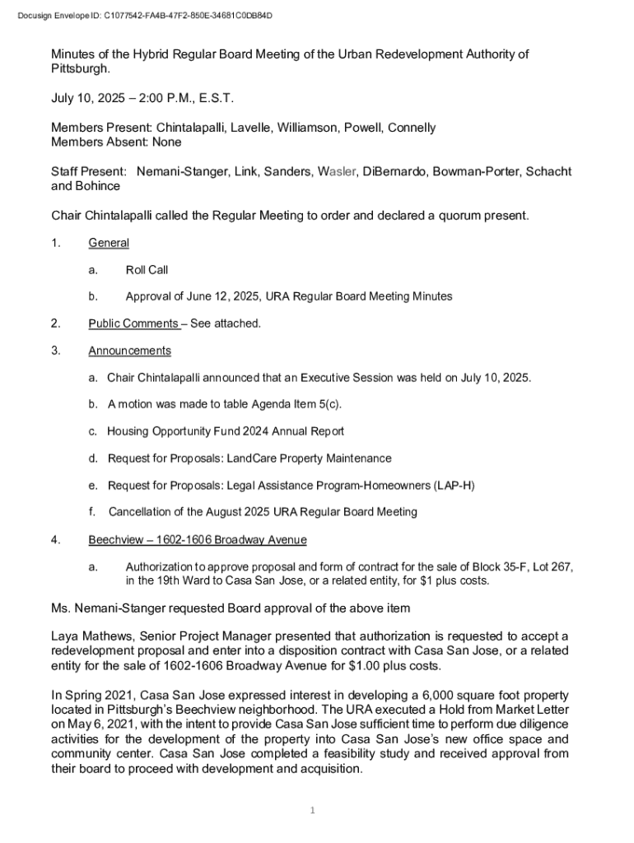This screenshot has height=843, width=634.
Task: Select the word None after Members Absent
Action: [167, 142]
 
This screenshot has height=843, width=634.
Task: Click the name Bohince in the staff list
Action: [98, 186]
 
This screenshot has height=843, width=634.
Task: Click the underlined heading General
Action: [109, 243]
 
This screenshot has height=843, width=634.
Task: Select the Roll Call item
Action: [147, 270]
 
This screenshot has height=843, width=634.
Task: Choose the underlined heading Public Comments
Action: [133, 324]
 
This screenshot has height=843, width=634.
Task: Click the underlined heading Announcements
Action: [129, 351]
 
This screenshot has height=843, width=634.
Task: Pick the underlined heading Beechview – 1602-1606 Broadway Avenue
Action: [197, 540]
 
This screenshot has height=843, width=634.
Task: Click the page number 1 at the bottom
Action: [314, 811]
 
